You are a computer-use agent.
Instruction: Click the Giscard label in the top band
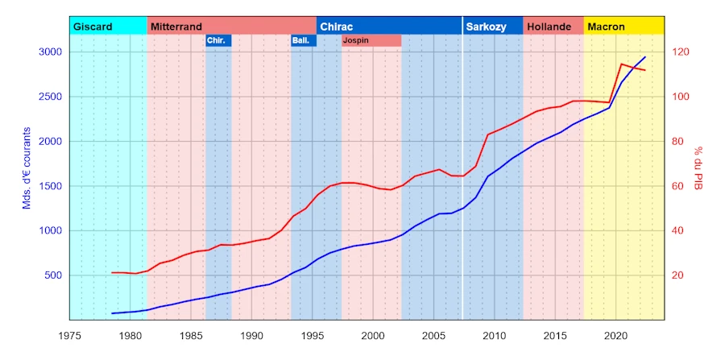93,27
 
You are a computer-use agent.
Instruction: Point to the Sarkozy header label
486,27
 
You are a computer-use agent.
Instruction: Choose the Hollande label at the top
549,27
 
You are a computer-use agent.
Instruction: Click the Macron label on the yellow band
606,27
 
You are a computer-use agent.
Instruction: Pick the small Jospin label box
371,40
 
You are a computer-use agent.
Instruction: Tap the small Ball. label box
304,40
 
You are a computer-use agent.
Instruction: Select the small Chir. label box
218,40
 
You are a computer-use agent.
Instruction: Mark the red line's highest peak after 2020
622,64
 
